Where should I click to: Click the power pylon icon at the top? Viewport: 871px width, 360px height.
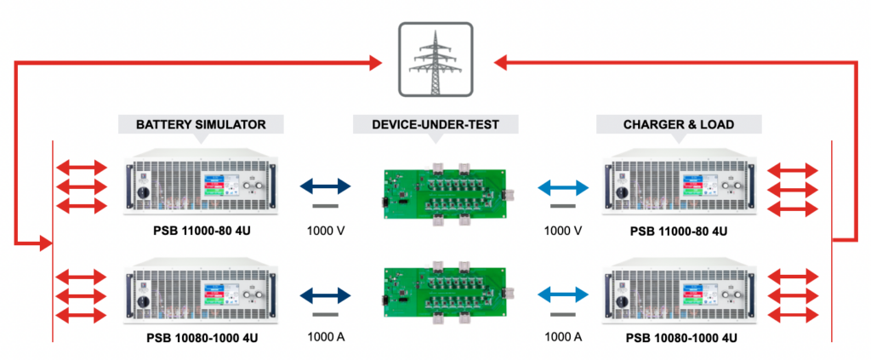[435, 60]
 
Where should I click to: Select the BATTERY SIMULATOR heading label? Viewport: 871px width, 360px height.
[201, 124]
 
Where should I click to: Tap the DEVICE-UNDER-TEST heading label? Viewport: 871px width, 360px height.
[435, 124]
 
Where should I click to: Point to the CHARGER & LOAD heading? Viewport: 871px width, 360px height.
[677, 124]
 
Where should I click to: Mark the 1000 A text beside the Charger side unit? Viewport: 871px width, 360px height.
[562, 336]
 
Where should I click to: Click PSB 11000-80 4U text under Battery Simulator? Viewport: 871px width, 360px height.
[202, 231]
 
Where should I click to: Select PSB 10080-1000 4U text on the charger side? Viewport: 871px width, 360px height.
[681, 338]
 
